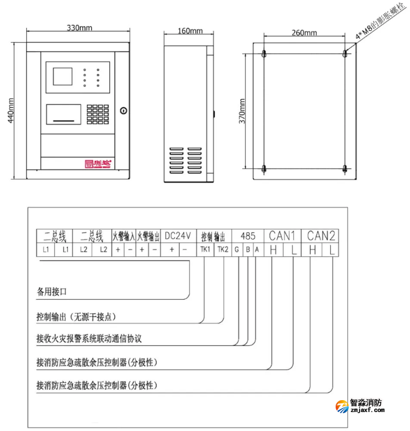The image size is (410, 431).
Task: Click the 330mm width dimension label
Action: tap(79, 29)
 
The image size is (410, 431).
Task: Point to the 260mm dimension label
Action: tap(305, 34)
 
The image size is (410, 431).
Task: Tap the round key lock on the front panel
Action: tap(123, 110)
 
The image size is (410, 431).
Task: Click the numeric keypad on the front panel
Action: tap(96, 111)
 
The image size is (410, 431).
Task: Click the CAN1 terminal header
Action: tap(283, 235)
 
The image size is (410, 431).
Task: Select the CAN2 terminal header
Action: tap(321, 235)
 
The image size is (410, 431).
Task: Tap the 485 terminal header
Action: tap(246, 235)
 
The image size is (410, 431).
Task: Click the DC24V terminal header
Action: tap(177, 235)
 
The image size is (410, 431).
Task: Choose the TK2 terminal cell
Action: tap(223, 250)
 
